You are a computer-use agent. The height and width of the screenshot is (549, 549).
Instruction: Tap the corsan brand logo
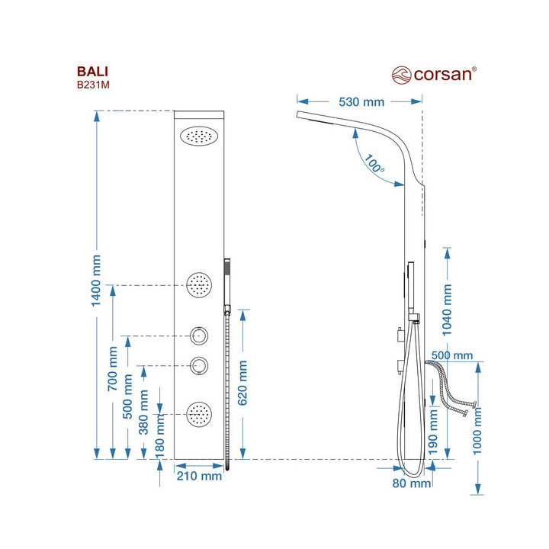[435, 74]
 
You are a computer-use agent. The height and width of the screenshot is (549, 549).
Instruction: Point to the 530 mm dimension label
[361, 101]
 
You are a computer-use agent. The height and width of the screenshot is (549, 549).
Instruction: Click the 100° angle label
[374, 164]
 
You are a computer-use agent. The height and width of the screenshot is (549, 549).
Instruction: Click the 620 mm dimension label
[243, 383]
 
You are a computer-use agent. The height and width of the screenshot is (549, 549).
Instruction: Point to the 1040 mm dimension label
[448, 311]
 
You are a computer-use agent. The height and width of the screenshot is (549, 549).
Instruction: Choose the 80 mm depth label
[411, 483]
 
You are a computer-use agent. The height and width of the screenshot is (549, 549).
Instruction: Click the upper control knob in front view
[200, 335]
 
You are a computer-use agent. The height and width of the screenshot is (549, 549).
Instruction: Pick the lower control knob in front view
[200, 366]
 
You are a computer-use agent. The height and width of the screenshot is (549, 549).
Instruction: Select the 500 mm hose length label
[451, 356]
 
